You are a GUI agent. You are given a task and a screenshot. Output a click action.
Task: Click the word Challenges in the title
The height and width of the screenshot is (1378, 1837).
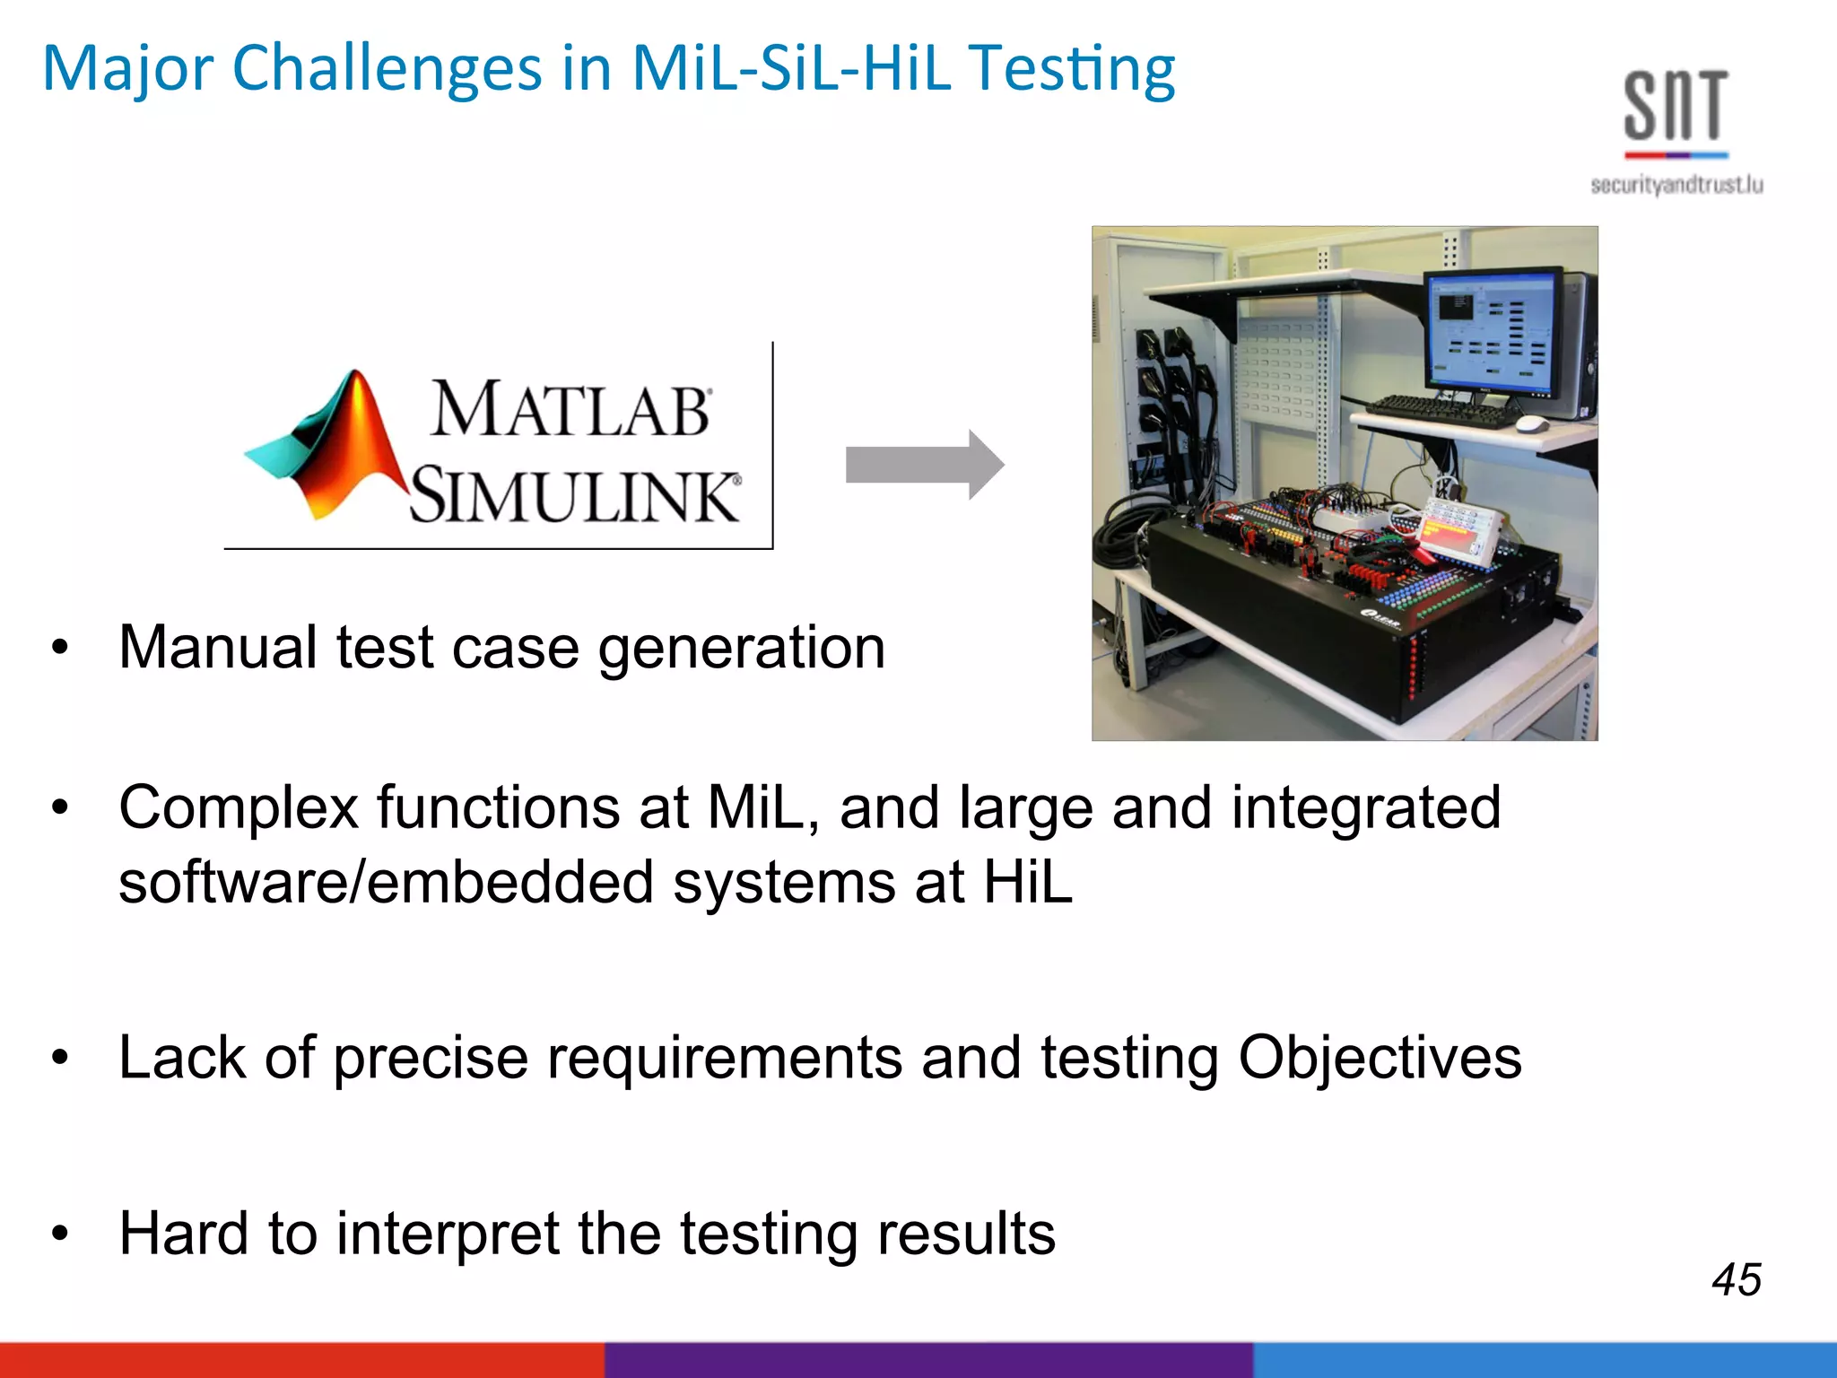(x=387, y=70)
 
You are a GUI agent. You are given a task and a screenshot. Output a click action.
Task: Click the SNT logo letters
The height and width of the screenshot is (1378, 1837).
(x=1675, y=108)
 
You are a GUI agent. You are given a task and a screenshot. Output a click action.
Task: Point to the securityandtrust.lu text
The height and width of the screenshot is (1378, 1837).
(x=1676, y=185)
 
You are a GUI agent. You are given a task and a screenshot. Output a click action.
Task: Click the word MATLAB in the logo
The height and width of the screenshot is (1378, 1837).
(x=571, y=411)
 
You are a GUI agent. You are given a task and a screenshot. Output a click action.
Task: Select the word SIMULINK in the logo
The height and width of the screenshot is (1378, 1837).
(x=575, y=494)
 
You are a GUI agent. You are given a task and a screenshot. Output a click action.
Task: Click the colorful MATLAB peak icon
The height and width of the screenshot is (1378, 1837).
(x=332, y=449)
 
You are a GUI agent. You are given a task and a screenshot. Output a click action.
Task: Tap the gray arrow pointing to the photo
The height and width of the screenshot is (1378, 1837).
(x=924, y=465)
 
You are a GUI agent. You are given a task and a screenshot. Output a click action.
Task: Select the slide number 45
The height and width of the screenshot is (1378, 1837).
(x=1736, y=1279)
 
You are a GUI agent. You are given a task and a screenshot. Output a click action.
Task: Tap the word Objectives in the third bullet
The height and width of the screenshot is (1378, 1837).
(x=1380, y=1058)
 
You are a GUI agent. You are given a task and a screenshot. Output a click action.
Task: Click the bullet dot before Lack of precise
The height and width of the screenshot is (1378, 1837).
(x=60, y=1058)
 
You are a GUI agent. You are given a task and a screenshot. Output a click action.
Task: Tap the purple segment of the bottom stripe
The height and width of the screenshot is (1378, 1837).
(x=928, y=1359)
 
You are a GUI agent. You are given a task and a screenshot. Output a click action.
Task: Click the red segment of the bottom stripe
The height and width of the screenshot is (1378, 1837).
(x=300, y=1359)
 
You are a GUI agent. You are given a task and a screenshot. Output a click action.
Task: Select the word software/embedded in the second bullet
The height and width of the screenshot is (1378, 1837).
(x=386, y=882)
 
